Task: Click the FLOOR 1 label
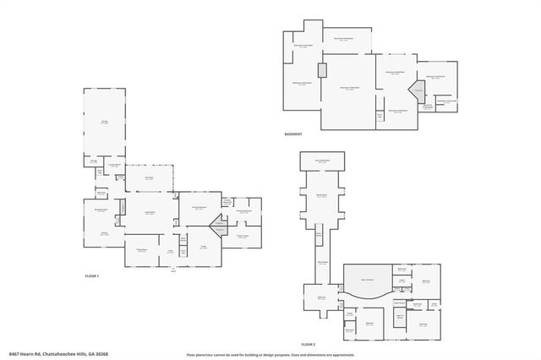point(92,276)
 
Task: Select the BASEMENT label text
point(294,134)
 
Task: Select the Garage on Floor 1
point(104,123)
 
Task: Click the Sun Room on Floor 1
point(149,178)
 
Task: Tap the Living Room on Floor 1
point(150,213)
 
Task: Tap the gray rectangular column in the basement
point(322,70)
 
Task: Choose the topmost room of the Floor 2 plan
point(322,160)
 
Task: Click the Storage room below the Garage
point(95,161)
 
